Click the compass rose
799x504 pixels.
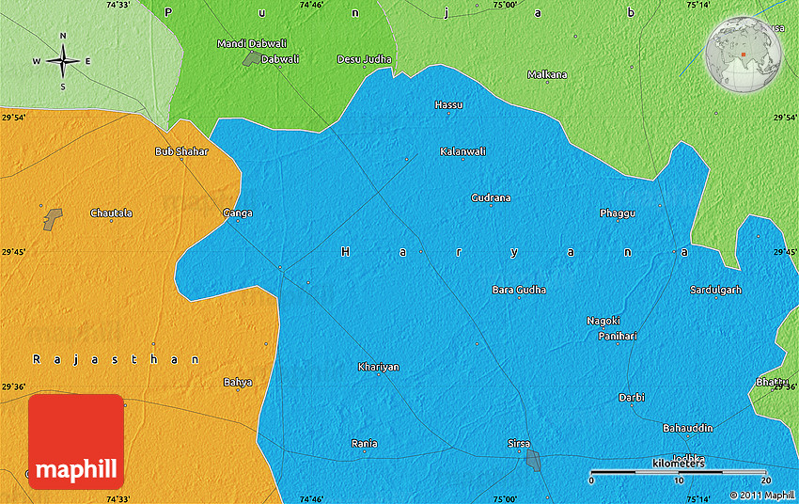pyautogui.click(x=63, y=61)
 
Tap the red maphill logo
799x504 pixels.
pyautogui.click(x=76, y=441)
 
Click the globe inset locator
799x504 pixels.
pyautogui.click(x=743, y=54)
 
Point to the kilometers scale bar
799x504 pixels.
pyautogui.click(x=678, y=471)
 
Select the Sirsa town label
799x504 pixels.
pyautogui.click(x=519, y=443)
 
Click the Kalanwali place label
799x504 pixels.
pyautogui.click(x=462, y=151)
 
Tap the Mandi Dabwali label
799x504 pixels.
pyautogui.click(x=252, y=44)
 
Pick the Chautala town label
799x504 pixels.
pyautogui.click(x=111, y=213)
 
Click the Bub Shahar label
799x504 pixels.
pyautogui.click(x=181, y=151)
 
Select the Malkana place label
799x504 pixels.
pyautogui.click(x=547, y=74)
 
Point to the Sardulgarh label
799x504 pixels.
pyautogui.click(x=715, y=290)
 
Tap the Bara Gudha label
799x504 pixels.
pyautogui.click(x=519, y=290)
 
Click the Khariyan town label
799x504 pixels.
pyautogui.click(x=379, y=367)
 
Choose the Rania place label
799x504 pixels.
pyautogui.click(x=364, y=443)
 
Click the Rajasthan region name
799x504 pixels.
pyautogui.click(x=116, y=359)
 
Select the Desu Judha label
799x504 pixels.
pyautogui.click(x=364, y=59)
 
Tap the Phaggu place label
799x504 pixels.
pyautogui.click(x=617, y=213)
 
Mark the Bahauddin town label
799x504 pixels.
pyautogui.click(x=688, y=428)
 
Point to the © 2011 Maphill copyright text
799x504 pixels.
pyautogui.click(x=762, y=495)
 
